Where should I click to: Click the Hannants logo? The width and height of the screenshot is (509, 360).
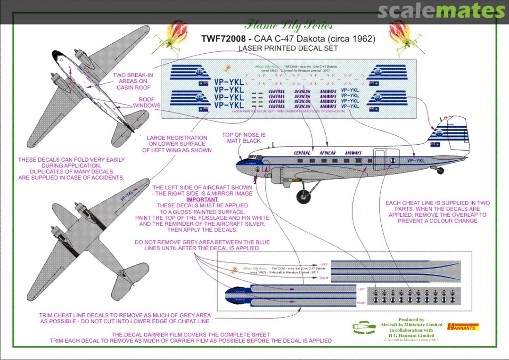click(463, 326)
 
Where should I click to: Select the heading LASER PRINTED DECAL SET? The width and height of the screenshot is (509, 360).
click(288, 48)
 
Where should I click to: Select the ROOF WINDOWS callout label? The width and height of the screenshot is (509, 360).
click(149, 103)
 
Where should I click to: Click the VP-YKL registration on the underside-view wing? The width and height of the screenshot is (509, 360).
click(127, 195)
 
